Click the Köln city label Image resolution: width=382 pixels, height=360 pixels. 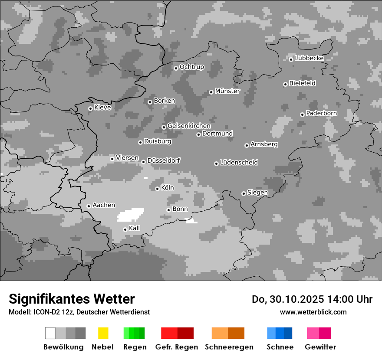167,188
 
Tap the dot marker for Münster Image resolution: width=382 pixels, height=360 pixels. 211,92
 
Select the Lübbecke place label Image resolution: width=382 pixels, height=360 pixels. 309,58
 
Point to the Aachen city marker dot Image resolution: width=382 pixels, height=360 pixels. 89,206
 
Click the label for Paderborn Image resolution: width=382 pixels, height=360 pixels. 321,113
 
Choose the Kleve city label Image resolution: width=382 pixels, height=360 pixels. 102,108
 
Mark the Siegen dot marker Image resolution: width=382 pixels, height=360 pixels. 244,193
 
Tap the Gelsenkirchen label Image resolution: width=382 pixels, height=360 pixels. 189,126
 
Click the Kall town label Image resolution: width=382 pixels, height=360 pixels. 134,228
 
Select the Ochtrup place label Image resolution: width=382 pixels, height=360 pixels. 191,67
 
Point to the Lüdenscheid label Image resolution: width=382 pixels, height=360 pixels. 239,163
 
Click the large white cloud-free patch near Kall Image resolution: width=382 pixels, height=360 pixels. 130,214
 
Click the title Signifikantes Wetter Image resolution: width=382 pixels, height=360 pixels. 72,299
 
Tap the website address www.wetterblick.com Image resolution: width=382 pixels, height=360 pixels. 313,312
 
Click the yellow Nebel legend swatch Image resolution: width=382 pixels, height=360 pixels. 103,333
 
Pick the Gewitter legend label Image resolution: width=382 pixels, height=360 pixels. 320,347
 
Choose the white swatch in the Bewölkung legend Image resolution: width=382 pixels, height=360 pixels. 50,333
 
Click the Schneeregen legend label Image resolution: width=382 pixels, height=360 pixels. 229,347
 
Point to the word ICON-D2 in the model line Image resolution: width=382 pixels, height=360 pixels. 46,312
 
